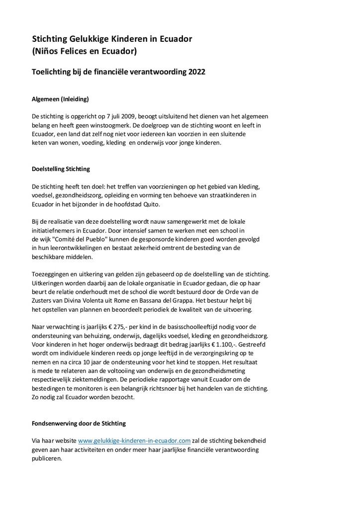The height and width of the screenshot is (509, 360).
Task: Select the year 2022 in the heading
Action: [196, 72]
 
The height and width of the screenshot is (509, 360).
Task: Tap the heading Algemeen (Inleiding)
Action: [60, 99]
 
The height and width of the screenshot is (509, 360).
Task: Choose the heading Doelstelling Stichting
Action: [61, 169]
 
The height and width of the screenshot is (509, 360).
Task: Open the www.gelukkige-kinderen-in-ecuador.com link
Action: [134, 440]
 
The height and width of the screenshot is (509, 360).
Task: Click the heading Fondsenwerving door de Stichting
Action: [79, 424]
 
